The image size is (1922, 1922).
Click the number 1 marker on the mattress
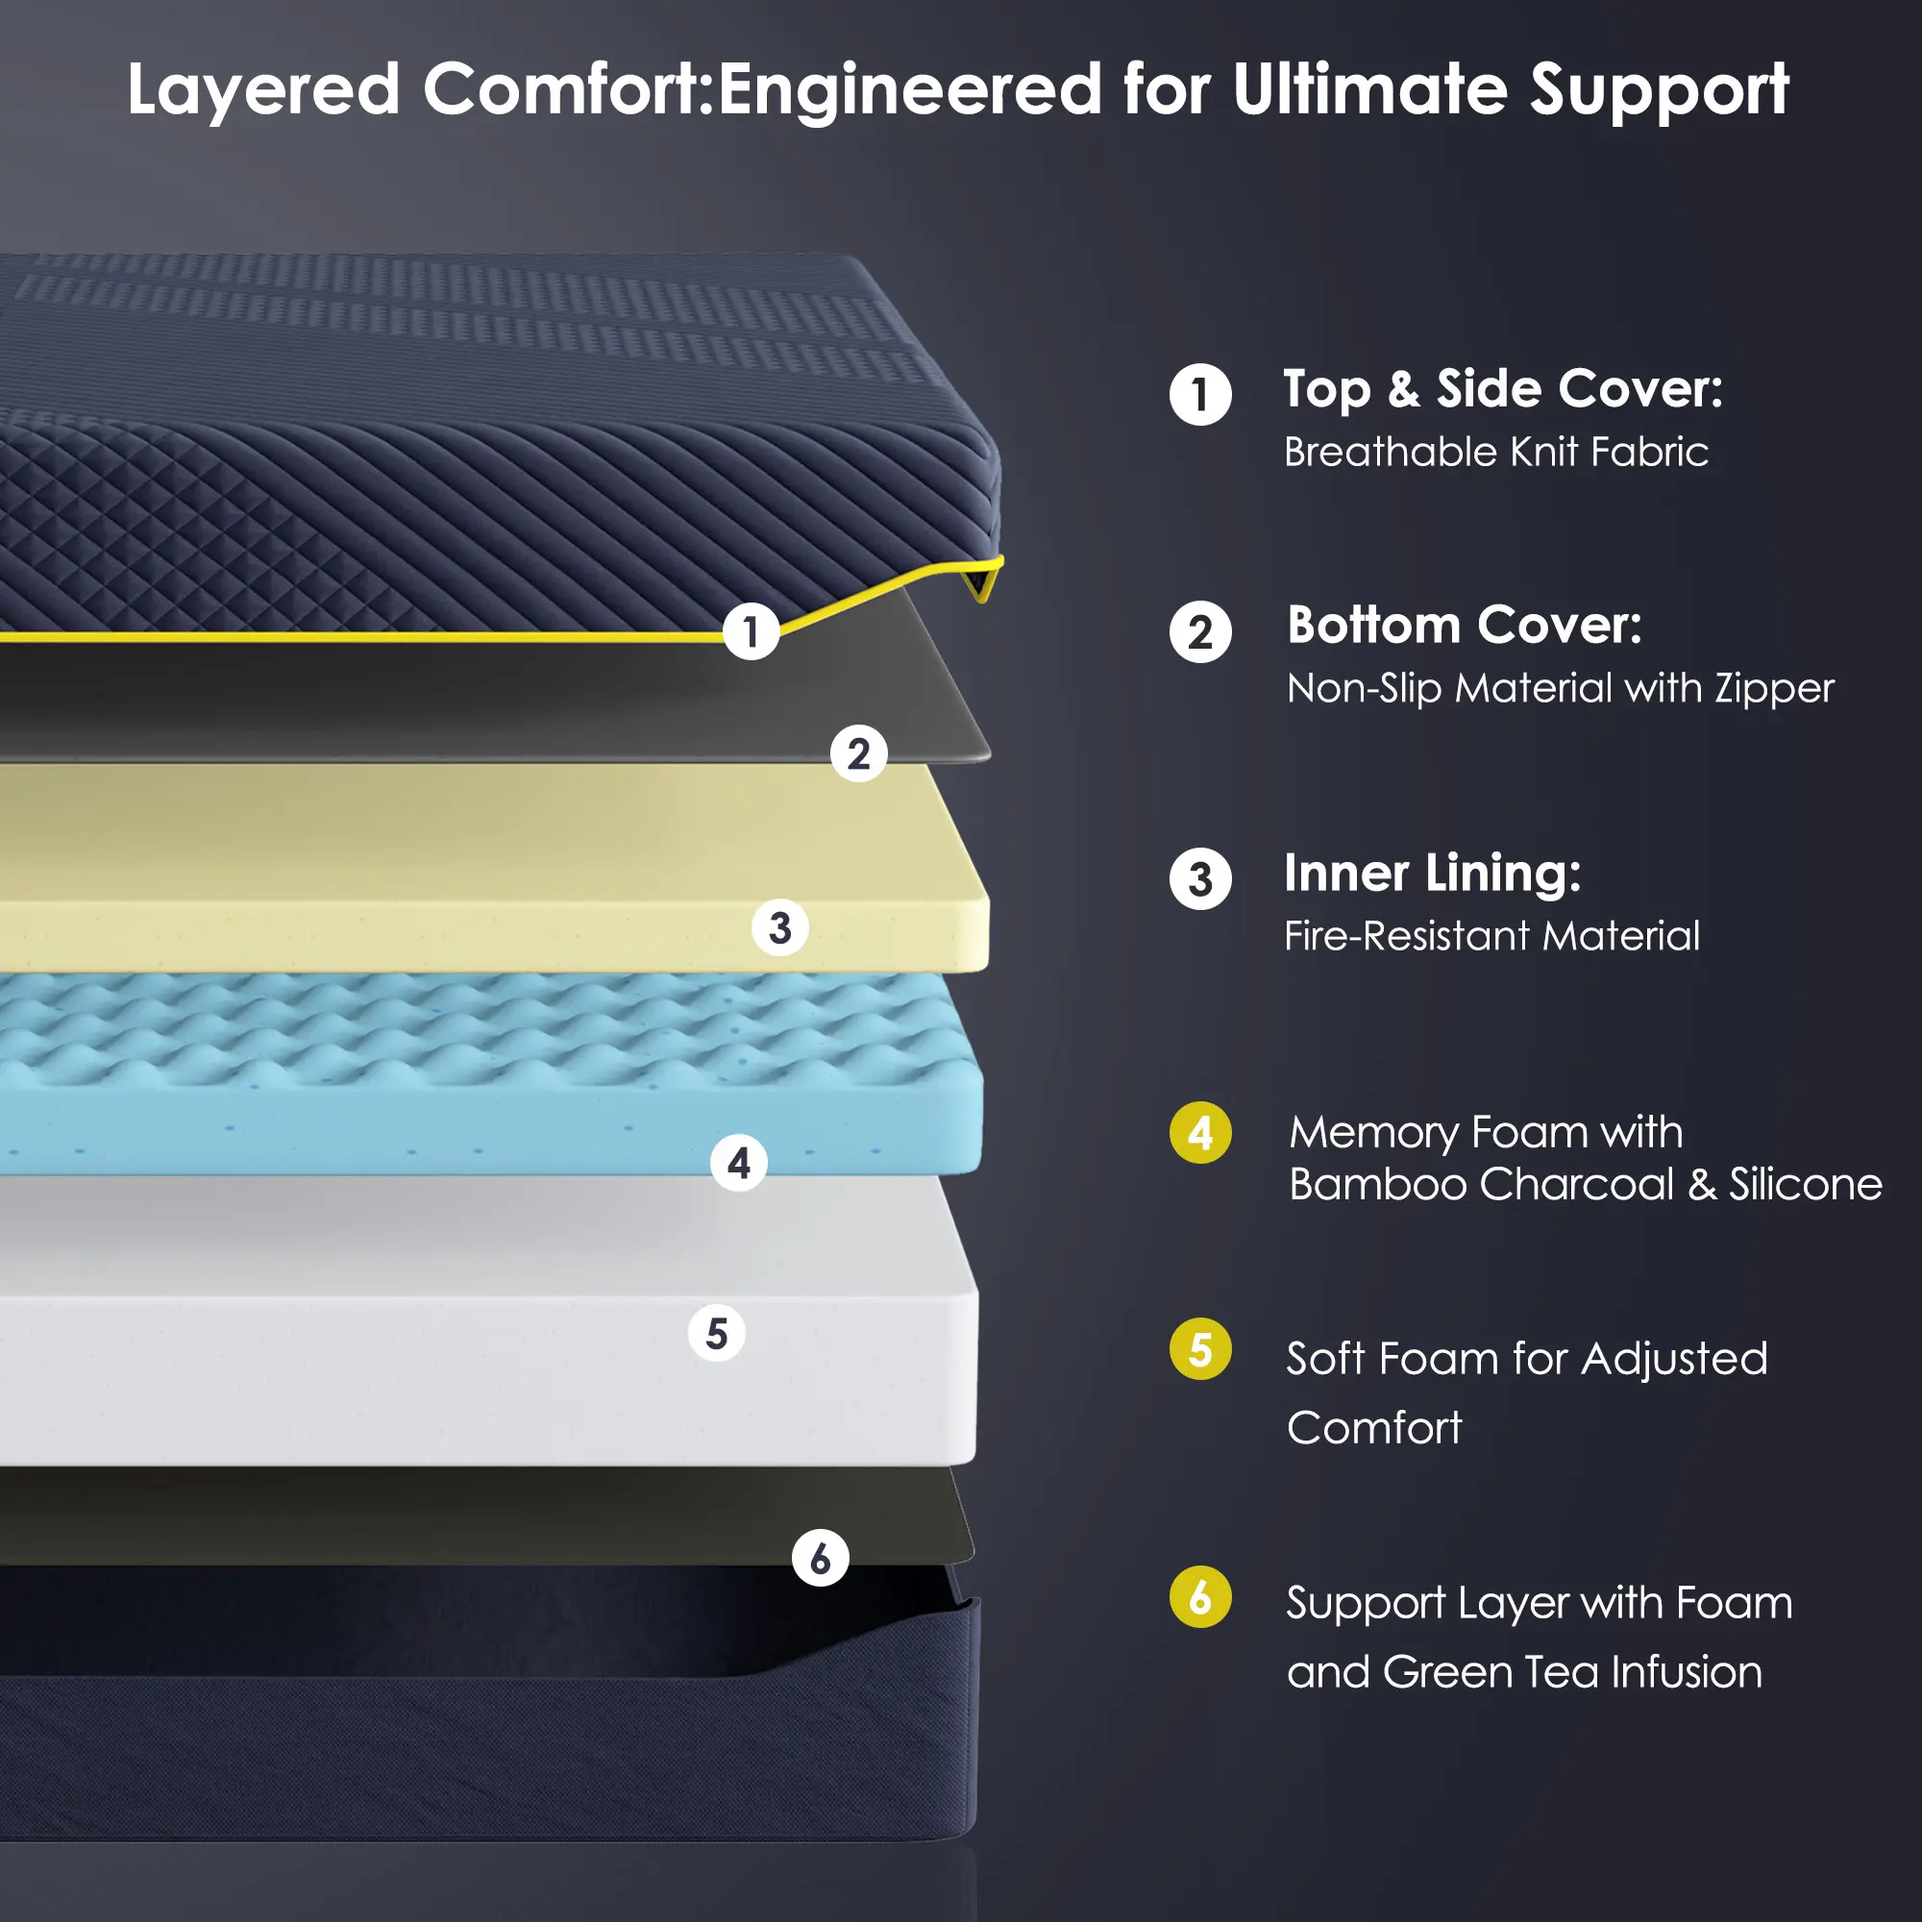(x=752, y=631)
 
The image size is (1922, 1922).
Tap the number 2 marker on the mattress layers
(x=858, y=754)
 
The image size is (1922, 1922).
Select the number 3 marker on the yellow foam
(x=780, y=927)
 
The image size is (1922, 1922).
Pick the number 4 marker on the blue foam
(x=738, y=1163)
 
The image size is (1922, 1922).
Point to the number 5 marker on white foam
(x=716, y=1333)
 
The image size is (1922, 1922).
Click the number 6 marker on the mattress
(x=820, y=1558)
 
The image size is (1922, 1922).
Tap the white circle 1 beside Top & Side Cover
(x=1200, y=395)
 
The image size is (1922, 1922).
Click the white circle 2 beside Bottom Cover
(x=1200, y=632)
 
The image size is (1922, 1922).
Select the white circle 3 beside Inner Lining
(x=1200, y=878)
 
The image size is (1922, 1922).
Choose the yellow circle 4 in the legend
(x=1200, y=1132)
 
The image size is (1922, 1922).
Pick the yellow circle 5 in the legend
(x=1200, y=1349)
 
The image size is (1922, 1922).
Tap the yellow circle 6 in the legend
(x=1200, y=1596)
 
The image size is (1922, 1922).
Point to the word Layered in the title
(x=263, y=89)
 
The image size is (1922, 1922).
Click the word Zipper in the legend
(x=1774, y=689)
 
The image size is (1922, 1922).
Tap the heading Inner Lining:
(x=1433, y=875)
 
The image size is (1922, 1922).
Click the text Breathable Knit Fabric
(x=1496, y=452)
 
